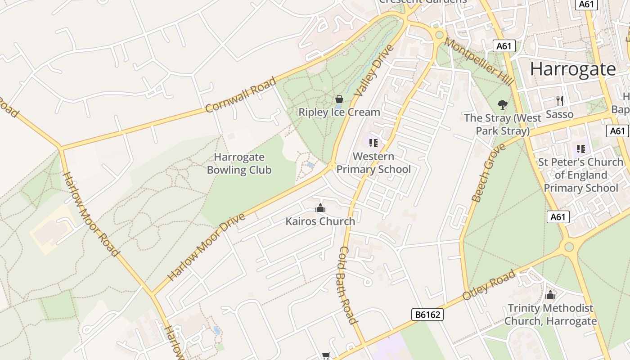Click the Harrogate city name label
click(x=572, y=69)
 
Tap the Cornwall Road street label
click(x=240, y=95)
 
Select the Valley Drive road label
click(x=373, y=70)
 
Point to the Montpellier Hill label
click(x=479, y=62)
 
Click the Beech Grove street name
click(x=482, y=173)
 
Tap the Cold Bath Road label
click(x=347, y=284)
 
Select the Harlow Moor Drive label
click(x=207, y=247)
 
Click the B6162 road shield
click(x=427, y=315)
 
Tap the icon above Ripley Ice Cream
click(x=339, y=99)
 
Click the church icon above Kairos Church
click(x=320, y=208)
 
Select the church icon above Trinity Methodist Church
click(x=550, y=295)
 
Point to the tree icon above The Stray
click(x=503, y=105)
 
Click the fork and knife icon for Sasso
click(x=560, y=100)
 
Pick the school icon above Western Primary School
click(x=373, y=143)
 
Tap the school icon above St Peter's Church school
click(x=580, y=148)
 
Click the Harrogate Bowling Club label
click(x=239, y=164)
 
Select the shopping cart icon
click(x=326, y=356)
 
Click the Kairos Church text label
click(x=320, y=221)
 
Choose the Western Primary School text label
click(x=373, y=163)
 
